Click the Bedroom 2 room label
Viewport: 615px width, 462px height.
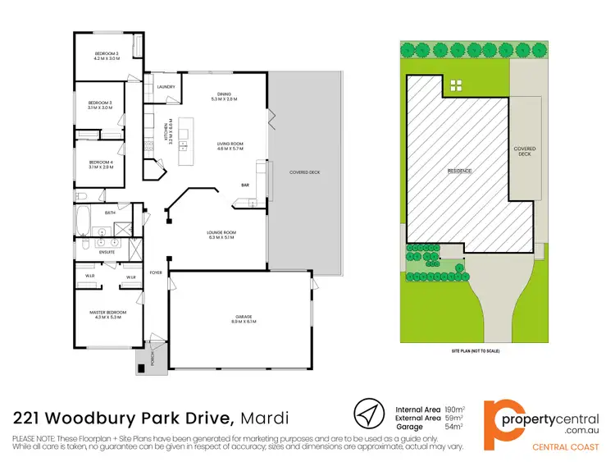(107, 56)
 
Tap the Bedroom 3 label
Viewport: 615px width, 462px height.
(100, 103)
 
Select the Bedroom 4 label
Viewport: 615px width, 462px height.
(100, 162)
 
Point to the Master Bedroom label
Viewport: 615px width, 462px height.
(107, 313)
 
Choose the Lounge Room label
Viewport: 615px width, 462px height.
(221, 236)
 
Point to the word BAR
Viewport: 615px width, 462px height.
(244, 185)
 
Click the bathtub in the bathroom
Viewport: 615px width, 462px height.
(85, 220)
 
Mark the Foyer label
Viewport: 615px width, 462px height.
(157, 272)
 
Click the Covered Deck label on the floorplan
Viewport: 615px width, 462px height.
(304, 173)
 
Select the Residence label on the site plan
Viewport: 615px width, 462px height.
(459, 171)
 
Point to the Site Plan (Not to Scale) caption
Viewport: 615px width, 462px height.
(475, 350)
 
